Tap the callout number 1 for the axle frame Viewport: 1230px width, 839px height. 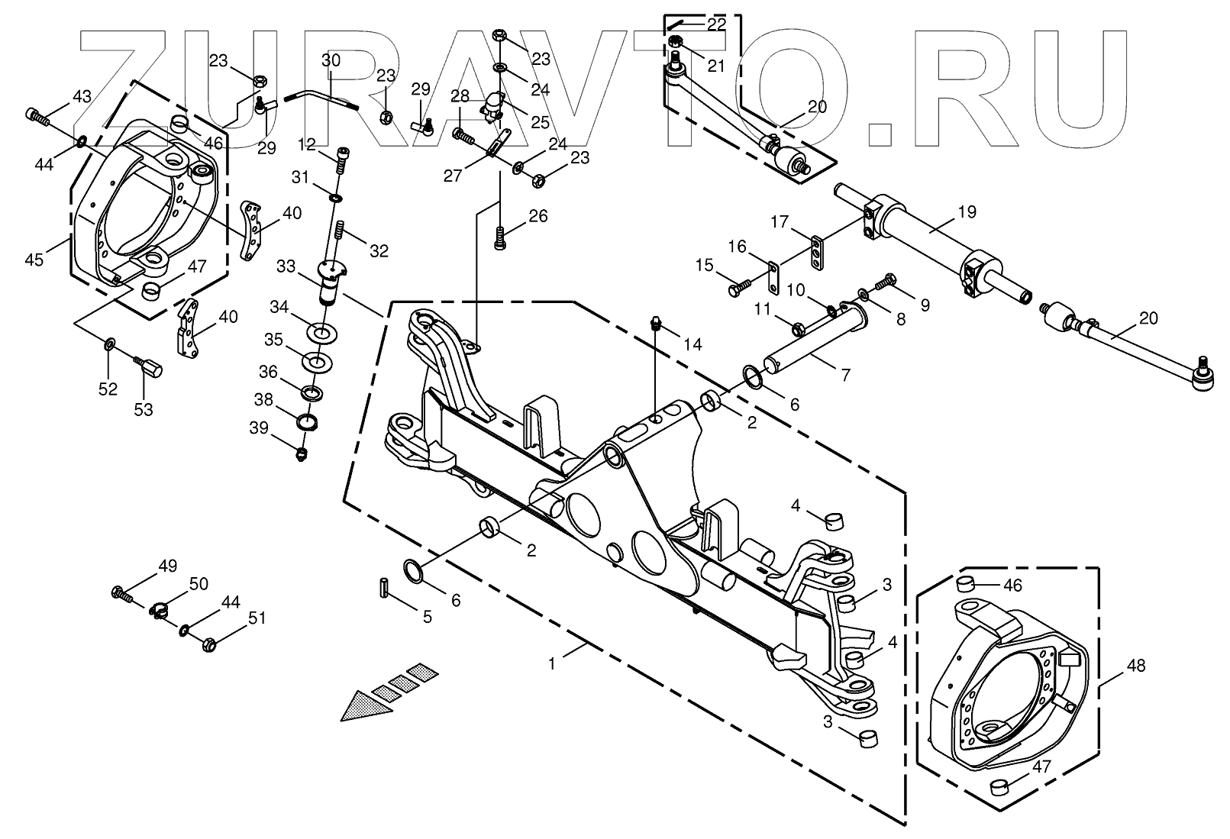(x=552, y=664)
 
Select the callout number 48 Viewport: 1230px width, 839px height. (x=1135, y=666)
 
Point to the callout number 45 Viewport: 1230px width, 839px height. (x=34, y=260)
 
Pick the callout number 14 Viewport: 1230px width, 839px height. (x=692, y=344)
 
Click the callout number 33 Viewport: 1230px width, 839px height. (x=286, y=266)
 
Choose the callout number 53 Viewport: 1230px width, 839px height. (x=143, y=410)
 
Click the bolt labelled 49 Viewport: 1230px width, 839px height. (x=122, y=592)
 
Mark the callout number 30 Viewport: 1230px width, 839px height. (x=331, y=60)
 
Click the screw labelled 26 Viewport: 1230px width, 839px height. (x=499, y=238)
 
